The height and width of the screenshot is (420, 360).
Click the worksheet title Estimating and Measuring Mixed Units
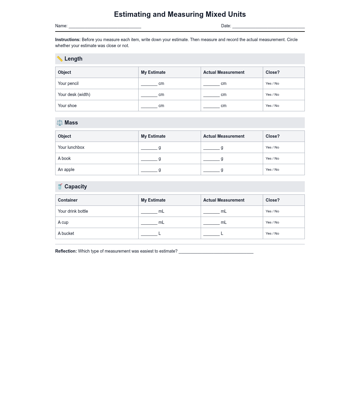(x=180, y=14)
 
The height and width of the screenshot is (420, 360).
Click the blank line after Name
(x=105, y=26)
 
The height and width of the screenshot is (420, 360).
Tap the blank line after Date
(x=268, y=26)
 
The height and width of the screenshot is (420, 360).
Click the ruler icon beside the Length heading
(x=60, y=59)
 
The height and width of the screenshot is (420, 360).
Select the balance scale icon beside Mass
(x=60, y=123)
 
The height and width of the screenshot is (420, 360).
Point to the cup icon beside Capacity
(x=60, y=187)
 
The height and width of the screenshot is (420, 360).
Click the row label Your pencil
(x=68, y=83)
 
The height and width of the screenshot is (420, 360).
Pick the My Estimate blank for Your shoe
(x=149, y=106)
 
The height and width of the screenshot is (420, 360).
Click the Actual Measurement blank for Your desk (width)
(x=211, y=95)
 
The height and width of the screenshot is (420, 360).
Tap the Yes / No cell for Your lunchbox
(x=272, y=147)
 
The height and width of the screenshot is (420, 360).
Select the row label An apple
(x=66, y=169)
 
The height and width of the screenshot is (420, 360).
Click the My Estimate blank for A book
(x=149, y=159)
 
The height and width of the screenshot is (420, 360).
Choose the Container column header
(x=68, y=200)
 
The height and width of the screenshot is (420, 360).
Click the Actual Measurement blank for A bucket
(x=211, y=234)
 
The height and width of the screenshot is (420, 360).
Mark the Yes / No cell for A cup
(x=272, y=222)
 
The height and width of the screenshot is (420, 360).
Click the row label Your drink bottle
(x=73, y=211)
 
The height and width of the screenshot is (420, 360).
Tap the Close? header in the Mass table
(x=272, y=136)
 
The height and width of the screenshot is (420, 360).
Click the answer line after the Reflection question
(x=216, y=252)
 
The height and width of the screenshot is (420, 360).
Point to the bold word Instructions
(x=68, y=40)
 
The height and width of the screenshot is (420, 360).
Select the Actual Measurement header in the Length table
(x=224, y=72)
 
